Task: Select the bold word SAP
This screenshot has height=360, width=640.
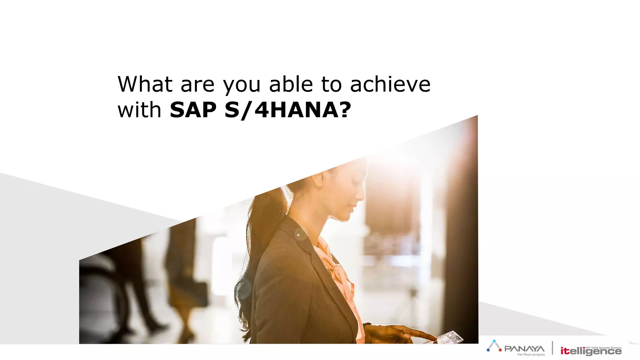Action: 193,110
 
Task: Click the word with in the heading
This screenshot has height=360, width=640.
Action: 139,110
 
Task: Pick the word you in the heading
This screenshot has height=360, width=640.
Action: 242,85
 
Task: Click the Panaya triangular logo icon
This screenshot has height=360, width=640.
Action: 494,346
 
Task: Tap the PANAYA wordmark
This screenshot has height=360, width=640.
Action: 524,348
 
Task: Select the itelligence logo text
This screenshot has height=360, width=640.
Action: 590,351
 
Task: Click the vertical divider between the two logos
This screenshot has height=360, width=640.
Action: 552,348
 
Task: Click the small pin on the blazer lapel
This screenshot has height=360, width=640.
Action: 298,235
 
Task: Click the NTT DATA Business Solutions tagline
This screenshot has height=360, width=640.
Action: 603,347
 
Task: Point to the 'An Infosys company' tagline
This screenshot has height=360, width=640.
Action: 531,354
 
